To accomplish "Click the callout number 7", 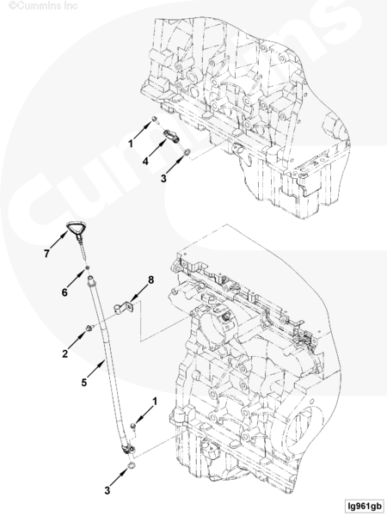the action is (x=46, y=254).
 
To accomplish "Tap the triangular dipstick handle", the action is (x=77, y=228).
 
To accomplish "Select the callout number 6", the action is (x=64, y=292).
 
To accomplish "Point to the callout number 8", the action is (x=150, y=280).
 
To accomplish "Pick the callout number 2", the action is (x=65, y=353).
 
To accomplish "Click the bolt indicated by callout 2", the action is (x=89, y=328).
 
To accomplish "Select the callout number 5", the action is (x=84, y=383).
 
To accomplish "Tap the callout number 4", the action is (x=145, y=161).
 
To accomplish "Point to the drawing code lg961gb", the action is (x=364, y=506).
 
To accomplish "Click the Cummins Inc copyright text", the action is (x=43, y=6).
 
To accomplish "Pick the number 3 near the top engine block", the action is (x=163, y=178).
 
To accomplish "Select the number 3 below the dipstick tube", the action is (x=107, y=491).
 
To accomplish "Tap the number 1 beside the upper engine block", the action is (x=131, y=144).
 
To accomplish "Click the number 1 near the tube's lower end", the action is (x=154, y=402).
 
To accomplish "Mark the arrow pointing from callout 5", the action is (x=96, y=369).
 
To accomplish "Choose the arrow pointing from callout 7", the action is (x=59, y=240).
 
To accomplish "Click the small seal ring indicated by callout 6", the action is (x=87, y=267).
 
